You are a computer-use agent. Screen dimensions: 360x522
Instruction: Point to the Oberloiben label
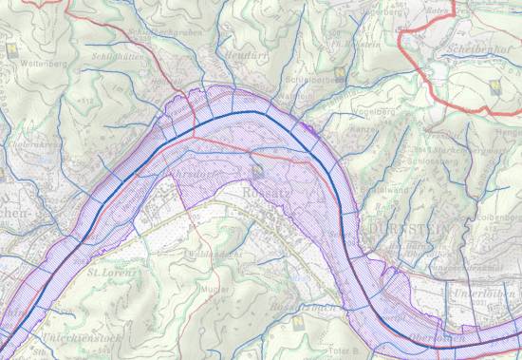coord(438,338)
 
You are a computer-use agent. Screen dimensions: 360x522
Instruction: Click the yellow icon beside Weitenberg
coord(11,46)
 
